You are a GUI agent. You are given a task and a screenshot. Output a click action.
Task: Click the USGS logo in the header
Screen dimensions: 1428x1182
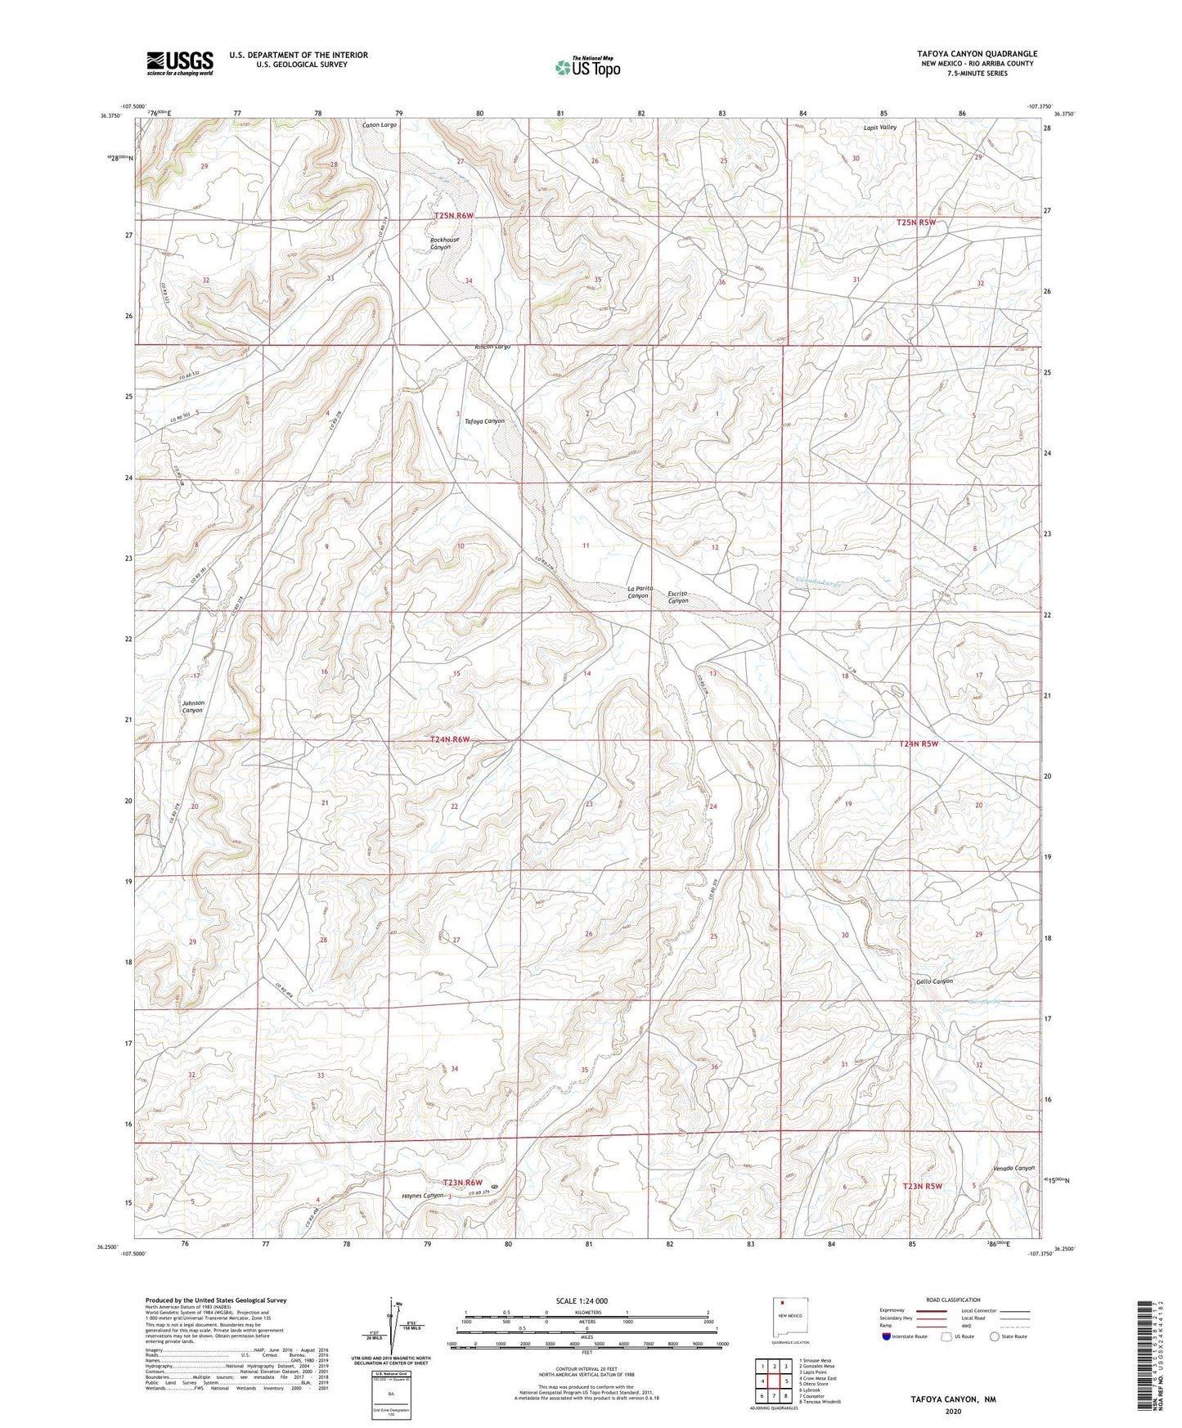click(180, 63)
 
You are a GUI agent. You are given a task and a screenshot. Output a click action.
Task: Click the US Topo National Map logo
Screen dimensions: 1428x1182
click(587, 66)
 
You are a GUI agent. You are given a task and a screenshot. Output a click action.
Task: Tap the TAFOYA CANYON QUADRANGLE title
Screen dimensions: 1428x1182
click(977, 54)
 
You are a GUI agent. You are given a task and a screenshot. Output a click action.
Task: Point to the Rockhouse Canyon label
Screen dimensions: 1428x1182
click(444, 243)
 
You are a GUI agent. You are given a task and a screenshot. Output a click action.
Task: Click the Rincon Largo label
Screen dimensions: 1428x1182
click(492, 347)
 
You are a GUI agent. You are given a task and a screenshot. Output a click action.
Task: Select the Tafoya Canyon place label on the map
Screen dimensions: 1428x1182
click(484, 421)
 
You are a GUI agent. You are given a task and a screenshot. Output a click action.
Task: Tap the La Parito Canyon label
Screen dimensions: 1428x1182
click(639, 592)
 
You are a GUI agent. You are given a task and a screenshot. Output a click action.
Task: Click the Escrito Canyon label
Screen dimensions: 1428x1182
click(678, 597)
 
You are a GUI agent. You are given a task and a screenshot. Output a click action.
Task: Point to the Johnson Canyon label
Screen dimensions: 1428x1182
click(192, 707)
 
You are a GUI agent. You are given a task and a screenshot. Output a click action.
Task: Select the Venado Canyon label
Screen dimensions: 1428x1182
click(1013, 1168)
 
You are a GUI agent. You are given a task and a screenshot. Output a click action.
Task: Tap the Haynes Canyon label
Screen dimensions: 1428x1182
click(423, 1196)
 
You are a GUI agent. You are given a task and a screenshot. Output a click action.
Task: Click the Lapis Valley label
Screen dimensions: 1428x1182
click(880, 128)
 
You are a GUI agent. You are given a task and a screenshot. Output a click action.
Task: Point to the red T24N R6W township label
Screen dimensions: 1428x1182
click(450, 739)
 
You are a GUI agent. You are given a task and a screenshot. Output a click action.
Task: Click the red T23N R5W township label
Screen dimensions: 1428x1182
click(923, 1186)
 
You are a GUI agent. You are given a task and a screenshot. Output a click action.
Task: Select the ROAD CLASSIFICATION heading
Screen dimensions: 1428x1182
click(954, 1300)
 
